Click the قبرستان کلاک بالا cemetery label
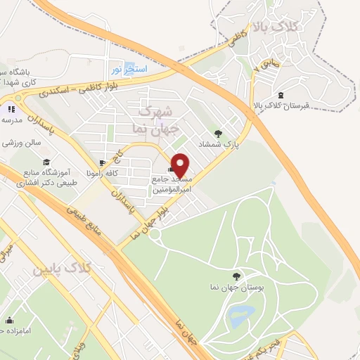pos(281,106)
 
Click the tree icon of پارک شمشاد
pos(219,134)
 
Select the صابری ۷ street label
pos(270,70)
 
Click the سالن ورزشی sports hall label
pos(21,142)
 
